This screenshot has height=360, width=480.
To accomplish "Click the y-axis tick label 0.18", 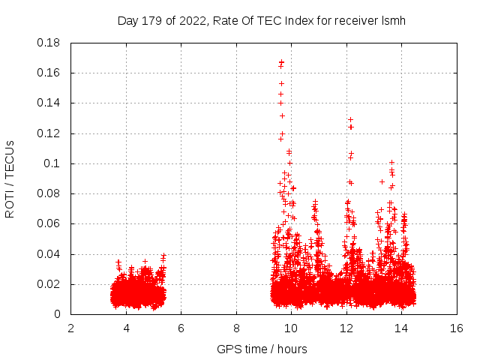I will coord(49,43).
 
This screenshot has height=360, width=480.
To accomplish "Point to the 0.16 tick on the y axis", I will coord(49,73).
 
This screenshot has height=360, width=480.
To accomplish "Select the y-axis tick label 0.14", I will coord(49,103).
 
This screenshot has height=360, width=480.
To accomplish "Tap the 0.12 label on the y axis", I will coord(49,133).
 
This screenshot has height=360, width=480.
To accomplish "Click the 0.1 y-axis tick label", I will coord(52,163).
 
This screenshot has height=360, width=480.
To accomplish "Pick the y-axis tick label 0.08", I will coord(49,193).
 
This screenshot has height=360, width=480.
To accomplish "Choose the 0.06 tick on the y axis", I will coord(49,223).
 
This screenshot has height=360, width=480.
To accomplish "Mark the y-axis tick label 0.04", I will coord(49,254).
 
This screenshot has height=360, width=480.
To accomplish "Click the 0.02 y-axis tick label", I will coord(49,284).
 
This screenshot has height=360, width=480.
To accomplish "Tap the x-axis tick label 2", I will coord(71,328).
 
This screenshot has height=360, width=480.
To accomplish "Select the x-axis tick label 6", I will coord(181,328).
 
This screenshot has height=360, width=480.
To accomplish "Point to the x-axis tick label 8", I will coord(236,328).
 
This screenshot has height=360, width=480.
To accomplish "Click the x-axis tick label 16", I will coord(457,328).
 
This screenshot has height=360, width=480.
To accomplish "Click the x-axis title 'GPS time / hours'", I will coord(262,349).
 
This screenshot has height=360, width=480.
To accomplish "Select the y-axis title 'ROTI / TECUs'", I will coord(10,178).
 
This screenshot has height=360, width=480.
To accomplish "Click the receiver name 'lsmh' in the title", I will coord(394,20).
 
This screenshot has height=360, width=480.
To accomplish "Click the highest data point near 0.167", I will coord(281,62).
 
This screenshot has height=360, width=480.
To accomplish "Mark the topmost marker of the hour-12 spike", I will coord(349,119).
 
